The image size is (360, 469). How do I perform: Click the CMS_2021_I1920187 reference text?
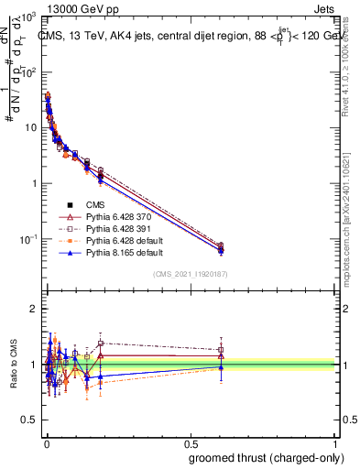pos(190,275)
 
